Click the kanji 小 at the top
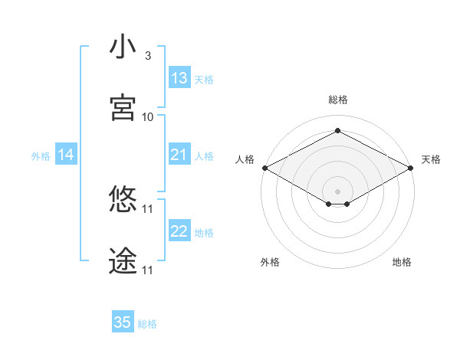tap(123, 47)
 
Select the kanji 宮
tap(123, 107)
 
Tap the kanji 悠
tap(123, 200)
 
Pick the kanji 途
tap(123, 261)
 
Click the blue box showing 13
tap(179, 77)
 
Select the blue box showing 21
tap(179, 155)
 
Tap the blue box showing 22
tap(179, 231)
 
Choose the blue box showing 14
tap(66, 155)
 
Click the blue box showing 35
tap(123, 322)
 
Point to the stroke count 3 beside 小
tap(148, 56)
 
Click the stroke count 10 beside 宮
tap(148, 117)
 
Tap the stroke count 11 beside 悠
tap(148, 209)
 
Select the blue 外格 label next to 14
tap(41, 156)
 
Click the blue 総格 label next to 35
tap(147, 324)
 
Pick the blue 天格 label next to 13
tap(204, 79)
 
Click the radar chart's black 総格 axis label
tap(337, 100)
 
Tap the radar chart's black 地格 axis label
tap(402, 262)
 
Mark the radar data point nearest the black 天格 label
tap(411, 168)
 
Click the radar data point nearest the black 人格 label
tap(264, 168)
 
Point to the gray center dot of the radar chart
tap(337, 191)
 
